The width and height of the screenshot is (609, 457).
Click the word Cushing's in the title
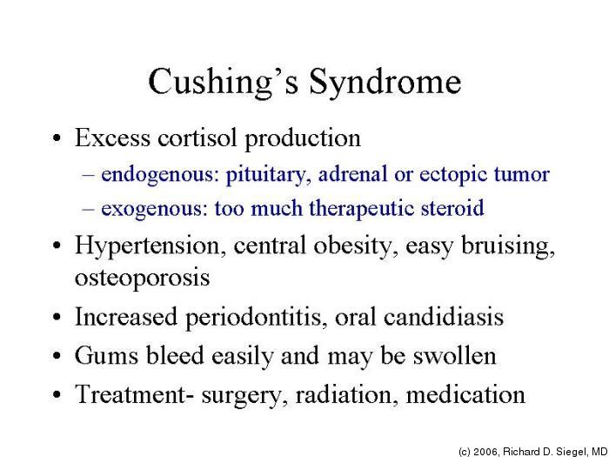(x=224, y=83)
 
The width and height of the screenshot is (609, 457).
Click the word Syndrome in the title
(x=385, y=83)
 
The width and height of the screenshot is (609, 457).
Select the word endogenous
(x=158, y=175)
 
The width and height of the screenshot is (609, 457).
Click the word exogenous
(x=152, y=209)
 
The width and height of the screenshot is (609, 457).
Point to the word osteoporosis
(x=142, y=278)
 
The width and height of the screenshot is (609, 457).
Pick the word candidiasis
(x=444, y=316)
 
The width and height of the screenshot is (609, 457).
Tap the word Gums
(x=106, y=355)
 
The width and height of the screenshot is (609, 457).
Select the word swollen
(x=454, y=355)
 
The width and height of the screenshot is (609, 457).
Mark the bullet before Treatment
(x=57, y=395)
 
